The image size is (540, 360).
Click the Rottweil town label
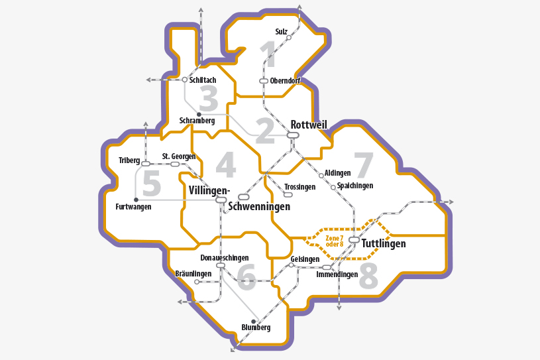309,125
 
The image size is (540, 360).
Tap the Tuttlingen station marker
354,239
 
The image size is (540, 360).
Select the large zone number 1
267,54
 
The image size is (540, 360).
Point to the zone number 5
152,184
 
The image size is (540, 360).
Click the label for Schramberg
197,121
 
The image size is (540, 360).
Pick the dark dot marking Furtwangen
136,199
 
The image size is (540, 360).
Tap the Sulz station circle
289,38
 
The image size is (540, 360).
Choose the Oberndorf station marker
263,81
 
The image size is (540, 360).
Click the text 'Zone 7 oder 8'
335,241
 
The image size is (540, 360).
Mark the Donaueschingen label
224,257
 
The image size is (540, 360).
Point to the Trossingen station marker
288,194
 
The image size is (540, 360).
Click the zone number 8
368,278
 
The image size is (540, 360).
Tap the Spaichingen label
355,186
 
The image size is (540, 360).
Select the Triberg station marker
146,164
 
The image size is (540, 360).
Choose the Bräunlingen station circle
197,282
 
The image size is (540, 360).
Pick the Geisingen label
305,259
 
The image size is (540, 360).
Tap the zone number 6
246,277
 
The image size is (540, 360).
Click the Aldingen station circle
321,176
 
